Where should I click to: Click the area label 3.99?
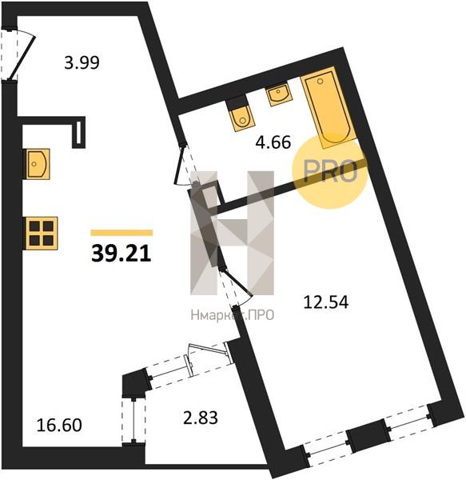coord(82,62)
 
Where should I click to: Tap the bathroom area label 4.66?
coord(273,142)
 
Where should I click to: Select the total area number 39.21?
coord(121,254)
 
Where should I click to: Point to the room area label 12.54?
coord(325,302)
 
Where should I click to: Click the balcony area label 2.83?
coord(201,418)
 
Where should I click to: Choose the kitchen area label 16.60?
coord(59,426)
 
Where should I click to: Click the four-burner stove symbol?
coord(42,233)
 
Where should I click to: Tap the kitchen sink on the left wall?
coord(37,164)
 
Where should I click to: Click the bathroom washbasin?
coord(278,94)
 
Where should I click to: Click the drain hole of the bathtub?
coord(321,81)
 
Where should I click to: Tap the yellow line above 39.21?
coord(121,233)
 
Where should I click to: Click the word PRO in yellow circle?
coord(331,171)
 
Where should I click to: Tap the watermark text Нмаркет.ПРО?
coord(233,314)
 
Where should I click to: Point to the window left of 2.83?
coord(133,421)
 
